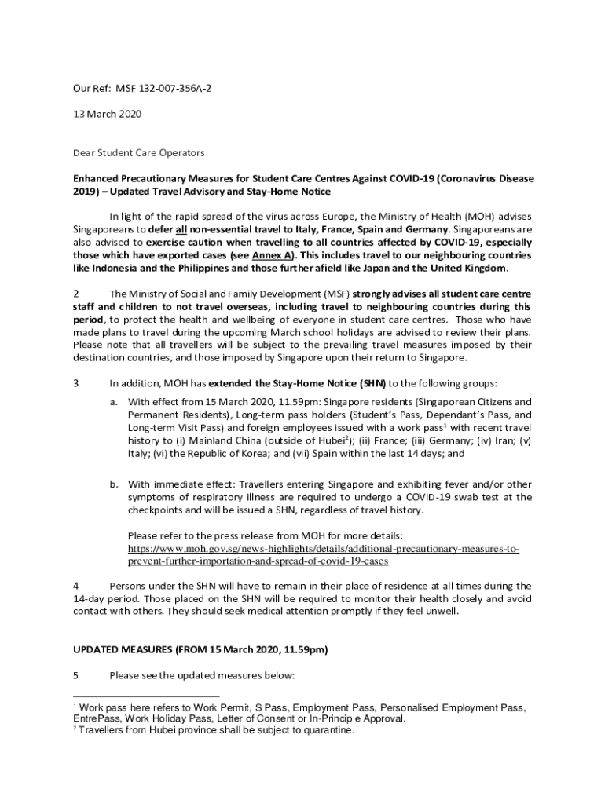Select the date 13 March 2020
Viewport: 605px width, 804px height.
(107, 114)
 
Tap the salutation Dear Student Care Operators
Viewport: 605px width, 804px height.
(138, 152)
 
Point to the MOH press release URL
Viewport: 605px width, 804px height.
(323, 555)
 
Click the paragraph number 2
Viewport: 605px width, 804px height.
(75, 294)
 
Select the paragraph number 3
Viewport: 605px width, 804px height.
(75, 383)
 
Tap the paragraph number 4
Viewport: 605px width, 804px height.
(76, 586)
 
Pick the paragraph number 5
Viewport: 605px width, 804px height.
(75, 675)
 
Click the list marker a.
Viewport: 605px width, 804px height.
(114, 402)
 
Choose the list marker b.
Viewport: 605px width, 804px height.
(114, 484)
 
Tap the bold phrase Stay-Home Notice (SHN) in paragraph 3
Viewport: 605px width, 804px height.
(339, 383)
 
